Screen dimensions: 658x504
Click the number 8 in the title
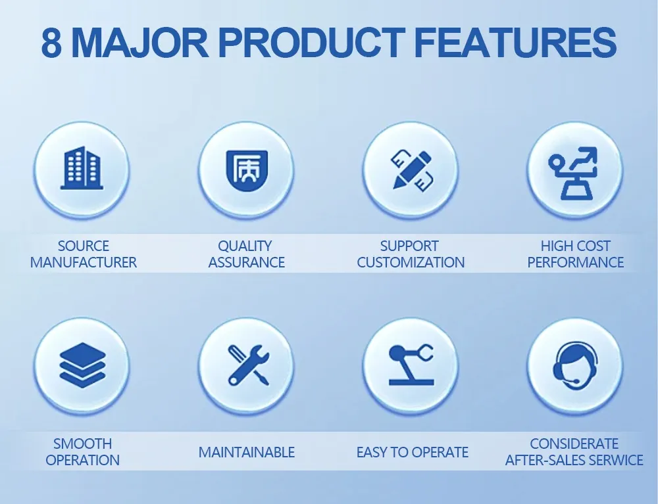(x=51, y=43)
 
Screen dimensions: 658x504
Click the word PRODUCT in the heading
(x=312, y=43)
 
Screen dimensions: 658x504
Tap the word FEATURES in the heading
(x=515, y=43)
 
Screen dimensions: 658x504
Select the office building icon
(x=82, y=168)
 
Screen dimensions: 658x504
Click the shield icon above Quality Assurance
(x=247, y=170)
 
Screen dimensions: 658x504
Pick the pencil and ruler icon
(x=412, y=170)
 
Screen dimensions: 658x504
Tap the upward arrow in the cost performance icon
(x=586, y=156)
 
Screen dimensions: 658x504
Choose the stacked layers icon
(x=82, y=365)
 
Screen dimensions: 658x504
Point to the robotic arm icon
(x=411, y=365)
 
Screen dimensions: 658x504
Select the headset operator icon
(x=575, y=364)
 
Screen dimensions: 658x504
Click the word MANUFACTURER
(x=83, y=262)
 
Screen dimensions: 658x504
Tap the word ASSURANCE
(x=246, y=262)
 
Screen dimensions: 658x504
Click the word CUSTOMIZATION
(x=411, y=262)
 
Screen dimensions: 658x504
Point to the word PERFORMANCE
(x=575, y=262)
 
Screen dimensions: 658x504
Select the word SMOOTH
(x=83, y=444)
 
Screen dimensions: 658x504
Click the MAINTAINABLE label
(x=246, y=452)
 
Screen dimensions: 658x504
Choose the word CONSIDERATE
(x=574, y=444)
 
